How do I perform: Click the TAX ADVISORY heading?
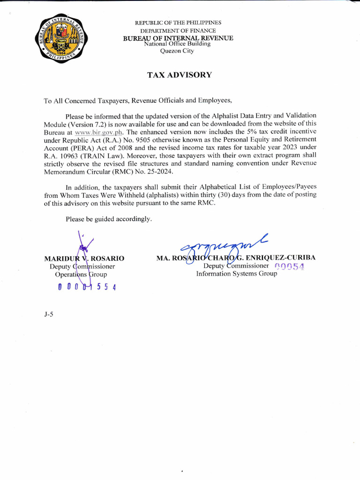coord(180,75)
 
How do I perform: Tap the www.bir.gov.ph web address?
coord(101,132)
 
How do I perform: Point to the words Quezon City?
coord(177,51)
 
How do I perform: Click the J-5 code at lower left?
coord(48,315)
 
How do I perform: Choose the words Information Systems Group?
coord(236,274)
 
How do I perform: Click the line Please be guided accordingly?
coord(109,219)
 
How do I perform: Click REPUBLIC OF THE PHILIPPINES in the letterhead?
coord(178,22)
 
